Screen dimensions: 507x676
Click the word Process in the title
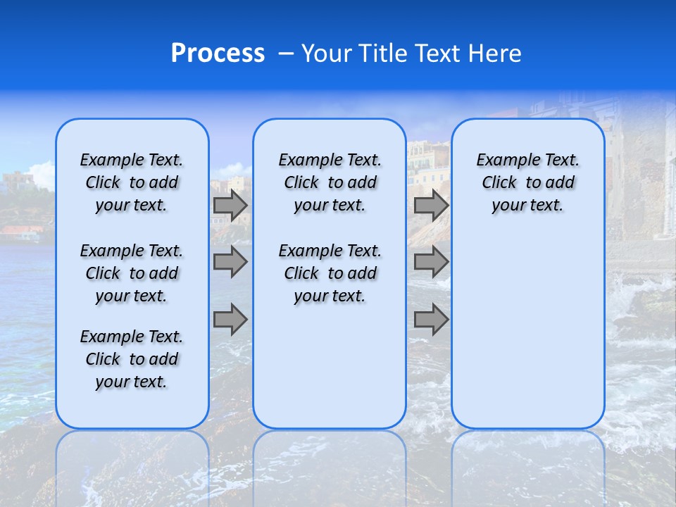coord(218,54)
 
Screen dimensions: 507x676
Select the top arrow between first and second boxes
coord(230,206)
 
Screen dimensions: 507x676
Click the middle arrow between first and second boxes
coord(230,262)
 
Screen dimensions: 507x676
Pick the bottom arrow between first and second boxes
coord(230,319)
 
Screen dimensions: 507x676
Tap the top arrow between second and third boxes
coord(431,206)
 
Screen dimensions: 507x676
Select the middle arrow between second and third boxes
coord(431,262)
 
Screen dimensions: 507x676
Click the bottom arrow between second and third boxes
coord(431,319)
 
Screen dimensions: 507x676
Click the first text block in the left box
coord(132,183)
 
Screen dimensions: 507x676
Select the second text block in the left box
coord(132,273)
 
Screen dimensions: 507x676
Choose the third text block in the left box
coord(132,359)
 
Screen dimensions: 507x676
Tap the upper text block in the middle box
coord(330,183)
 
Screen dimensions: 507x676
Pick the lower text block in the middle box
coord(330,273)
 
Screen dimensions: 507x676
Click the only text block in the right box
coord(527,183)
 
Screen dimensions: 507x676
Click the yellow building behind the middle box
coord(428,162)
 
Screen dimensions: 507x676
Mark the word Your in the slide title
coord(326,54)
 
